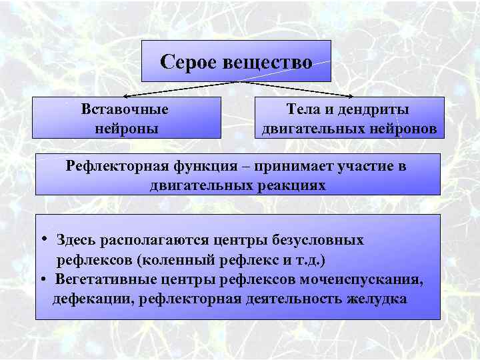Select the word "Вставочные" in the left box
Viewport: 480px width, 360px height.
tap(125, 109)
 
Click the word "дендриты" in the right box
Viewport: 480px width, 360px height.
tap(377, 109)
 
